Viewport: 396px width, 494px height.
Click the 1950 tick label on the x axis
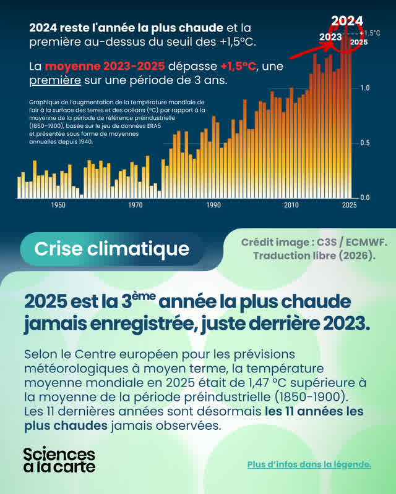click(58, 205)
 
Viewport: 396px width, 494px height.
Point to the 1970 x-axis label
click(136, 205)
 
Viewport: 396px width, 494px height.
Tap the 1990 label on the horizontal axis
click(213, 205)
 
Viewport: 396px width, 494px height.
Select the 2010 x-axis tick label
click(291, 205)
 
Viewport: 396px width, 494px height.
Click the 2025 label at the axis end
click(350, 205)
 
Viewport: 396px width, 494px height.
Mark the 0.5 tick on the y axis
click(365, 143)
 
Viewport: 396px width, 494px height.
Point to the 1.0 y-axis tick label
click(365, 88)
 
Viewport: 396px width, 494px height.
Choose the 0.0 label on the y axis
click(365, 198)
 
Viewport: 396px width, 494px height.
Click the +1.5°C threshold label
click(371, 33)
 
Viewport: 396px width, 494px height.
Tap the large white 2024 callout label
click(346, 21)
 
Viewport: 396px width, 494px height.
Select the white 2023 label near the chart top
click(330, 37)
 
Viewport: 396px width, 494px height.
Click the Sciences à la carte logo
click(59, 460)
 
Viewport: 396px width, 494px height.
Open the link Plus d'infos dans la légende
click(309, 464)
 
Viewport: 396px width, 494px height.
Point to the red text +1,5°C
click(239, 65)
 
